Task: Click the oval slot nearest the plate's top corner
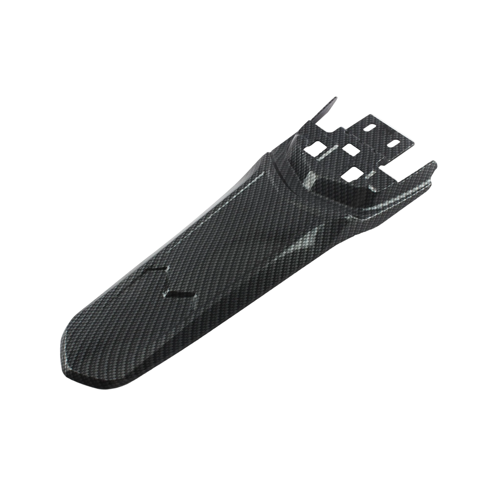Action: pyautogui.click(x=371, y=127)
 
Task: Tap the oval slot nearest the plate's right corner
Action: pyautogui.click(x=395, y=143)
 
